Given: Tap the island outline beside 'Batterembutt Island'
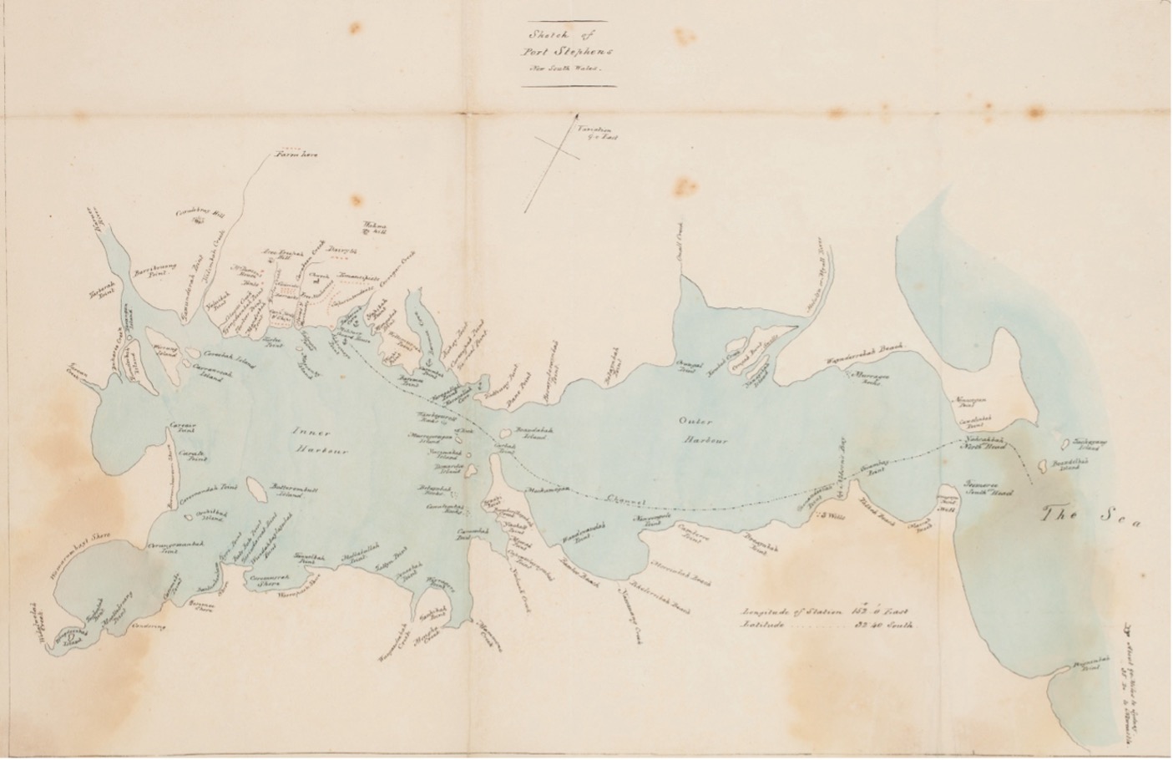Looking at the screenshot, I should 260,494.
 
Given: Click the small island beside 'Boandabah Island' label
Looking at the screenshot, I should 505,433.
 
